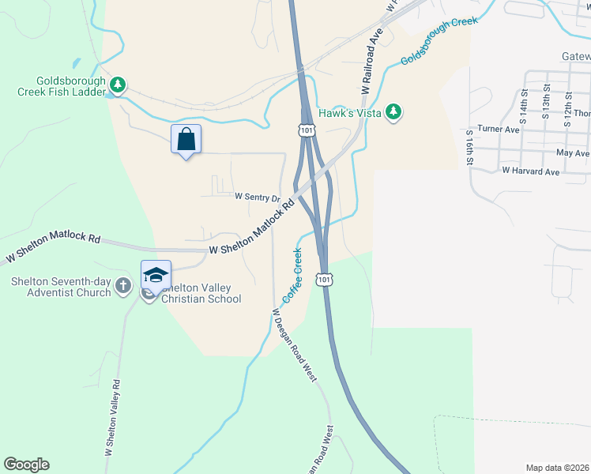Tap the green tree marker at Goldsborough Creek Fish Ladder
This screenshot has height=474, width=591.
(x=118, y=85)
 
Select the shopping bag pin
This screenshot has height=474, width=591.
(x=186, y=140)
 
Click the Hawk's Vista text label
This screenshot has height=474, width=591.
(x=349, y=113)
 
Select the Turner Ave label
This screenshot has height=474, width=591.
(x=499, y=129)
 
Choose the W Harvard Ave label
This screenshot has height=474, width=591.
(x=531, y=171)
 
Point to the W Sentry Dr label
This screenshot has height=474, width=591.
(x=258, y=197)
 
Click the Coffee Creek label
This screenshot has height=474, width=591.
(x=292, y=276)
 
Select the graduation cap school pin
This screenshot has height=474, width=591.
(x=156, y=275)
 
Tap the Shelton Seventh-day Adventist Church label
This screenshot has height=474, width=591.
(x=62, y=288)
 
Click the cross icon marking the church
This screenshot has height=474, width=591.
(x=123, y=285)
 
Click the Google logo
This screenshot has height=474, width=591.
(x=26, y=465)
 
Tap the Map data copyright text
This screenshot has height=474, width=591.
(x=557, y=468)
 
